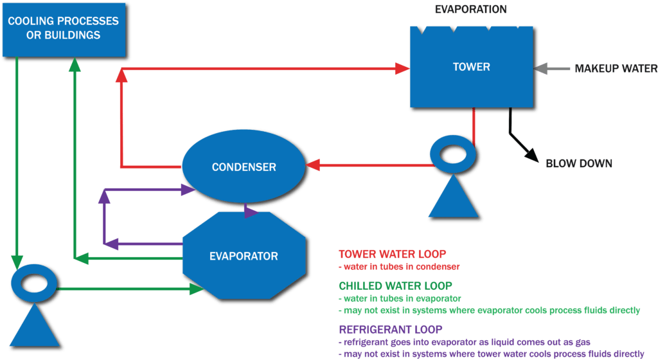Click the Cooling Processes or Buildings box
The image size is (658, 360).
63,28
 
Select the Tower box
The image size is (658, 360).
471,67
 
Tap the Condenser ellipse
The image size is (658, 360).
244,167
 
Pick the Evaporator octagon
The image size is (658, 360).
244,256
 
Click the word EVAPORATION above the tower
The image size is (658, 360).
470,9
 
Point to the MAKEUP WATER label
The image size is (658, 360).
615,67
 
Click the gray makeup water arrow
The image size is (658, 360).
550,67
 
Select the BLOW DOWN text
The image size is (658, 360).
578,163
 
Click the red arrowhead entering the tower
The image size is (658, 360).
403,67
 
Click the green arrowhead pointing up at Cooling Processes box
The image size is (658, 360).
75,62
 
